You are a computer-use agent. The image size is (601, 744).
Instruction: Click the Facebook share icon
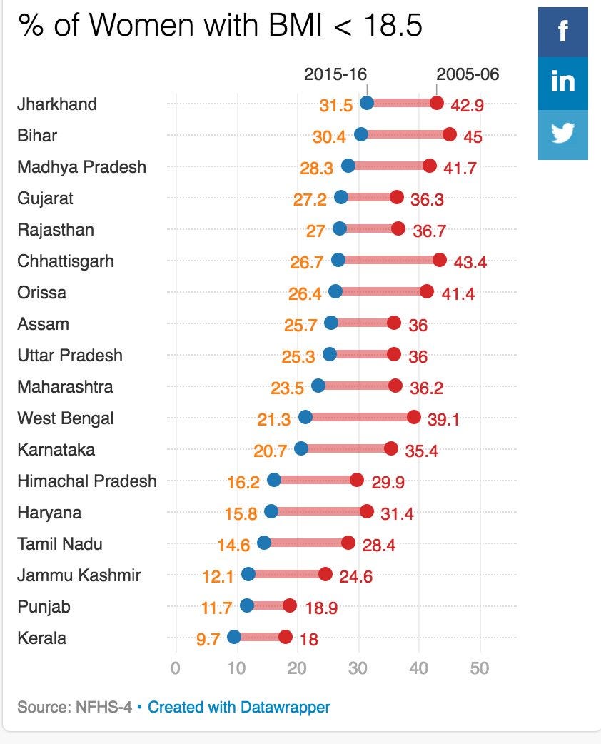point(563,32)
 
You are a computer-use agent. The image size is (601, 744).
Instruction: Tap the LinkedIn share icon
point(563,83)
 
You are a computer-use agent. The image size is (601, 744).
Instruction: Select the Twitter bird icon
point(563,133)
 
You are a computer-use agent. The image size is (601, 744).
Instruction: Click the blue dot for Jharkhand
point(367,103)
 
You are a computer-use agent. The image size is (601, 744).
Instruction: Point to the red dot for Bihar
point(449,134)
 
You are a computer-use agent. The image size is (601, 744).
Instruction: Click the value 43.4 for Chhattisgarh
point(470,262)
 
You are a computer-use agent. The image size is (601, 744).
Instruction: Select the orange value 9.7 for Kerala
point(208,639)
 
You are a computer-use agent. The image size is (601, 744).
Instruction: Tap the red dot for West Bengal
point(413,417)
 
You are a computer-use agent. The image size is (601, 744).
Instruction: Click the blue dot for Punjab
point(247,605)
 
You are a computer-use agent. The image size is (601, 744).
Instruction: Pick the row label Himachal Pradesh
point(87,481)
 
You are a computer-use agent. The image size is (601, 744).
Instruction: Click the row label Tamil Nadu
point(60,544)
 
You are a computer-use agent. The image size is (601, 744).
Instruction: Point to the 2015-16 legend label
point(335,74)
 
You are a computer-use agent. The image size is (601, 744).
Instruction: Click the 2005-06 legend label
point(468,74)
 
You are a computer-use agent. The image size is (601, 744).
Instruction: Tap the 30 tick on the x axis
point(358,668)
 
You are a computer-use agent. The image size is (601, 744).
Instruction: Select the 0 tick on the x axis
point(176,668)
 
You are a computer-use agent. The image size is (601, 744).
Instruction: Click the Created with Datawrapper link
point(239,707)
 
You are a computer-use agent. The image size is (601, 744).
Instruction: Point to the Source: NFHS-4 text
point(74,707)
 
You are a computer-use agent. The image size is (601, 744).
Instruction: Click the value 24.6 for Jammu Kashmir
point(355,576)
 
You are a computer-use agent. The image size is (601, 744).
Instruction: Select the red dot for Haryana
point(366,511)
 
